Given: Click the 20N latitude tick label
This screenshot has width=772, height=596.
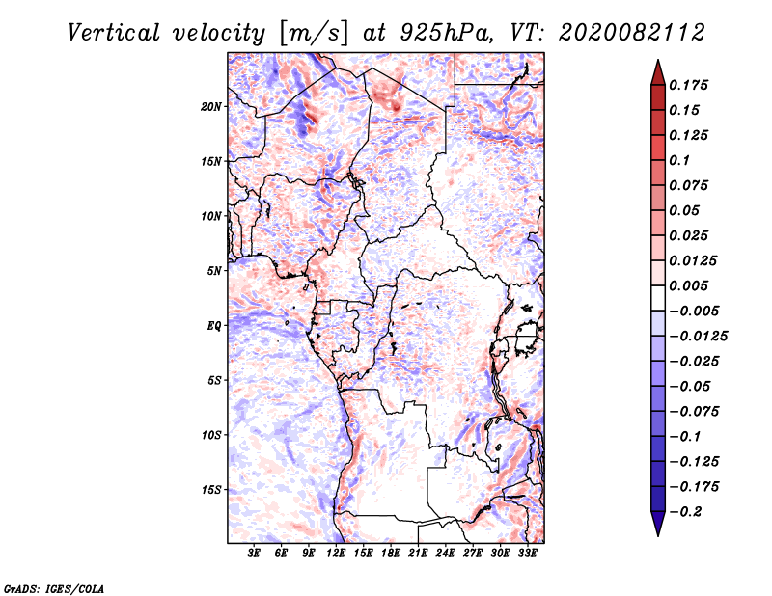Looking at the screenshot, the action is tap(210, 107).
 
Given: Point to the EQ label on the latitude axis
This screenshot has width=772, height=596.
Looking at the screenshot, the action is tap(213, 326).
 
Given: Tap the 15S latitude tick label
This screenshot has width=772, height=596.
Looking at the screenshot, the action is tap(210, 490).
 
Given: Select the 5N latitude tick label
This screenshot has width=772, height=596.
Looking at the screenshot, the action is tap(213, 271).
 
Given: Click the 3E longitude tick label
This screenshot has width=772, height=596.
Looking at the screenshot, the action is tap(254, 554).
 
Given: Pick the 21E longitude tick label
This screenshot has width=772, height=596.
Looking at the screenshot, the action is tap(418, 554).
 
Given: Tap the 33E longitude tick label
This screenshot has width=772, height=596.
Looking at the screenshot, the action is tap(527, 554).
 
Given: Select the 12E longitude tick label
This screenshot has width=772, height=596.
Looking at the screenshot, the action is tap(335, 554).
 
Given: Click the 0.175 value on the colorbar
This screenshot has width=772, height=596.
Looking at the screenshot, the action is tap(688, 85).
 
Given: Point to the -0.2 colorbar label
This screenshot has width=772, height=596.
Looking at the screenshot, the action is tap(685, 512).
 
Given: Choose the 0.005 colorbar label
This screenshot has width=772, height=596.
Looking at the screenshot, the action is tap(688, 285).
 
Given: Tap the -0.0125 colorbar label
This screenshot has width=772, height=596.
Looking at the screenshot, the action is tap(698, 337).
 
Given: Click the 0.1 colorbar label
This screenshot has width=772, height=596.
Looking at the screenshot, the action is tap(679, 160).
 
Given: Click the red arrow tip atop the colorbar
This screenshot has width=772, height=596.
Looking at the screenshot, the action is tap(658, 60).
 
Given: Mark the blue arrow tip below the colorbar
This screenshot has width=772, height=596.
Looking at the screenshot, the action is tap(658, 535).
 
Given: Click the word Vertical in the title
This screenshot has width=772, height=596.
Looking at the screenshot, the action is tap(114, 33).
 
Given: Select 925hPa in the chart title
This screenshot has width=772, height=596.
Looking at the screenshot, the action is tap(446, 33).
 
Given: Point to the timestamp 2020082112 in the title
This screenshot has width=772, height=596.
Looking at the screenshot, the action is tap(632, 33).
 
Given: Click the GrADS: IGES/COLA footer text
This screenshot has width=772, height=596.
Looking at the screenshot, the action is tap(54, 589).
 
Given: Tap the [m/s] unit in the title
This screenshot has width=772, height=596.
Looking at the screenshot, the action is tap(313, 34).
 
